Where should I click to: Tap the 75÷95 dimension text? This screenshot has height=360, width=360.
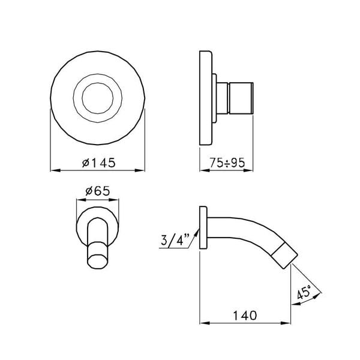coord(225,162)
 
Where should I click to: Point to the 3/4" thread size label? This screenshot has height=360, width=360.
coord(175,241)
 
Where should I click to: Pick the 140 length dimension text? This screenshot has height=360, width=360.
coord(246,314)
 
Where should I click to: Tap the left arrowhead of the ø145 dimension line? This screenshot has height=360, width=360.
coord(52,170)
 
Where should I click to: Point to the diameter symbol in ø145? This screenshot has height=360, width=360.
coord(84,163)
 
